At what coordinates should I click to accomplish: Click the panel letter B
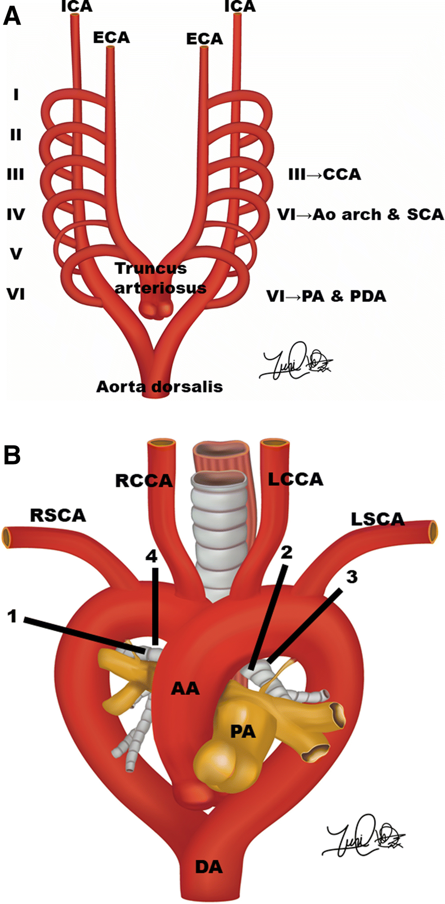(12, 455)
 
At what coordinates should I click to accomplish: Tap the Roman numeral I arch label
(16, 95)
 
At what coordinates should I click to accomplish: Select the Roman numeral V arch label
(16, 253)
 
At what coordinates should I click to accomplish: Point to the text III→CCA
(324, 175)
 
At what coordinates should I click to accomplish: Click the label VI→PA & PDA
(326, 296)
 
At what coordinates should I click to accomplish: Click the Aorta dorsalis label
(159, 387)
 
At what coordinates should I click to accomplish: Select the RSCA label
(58, 515)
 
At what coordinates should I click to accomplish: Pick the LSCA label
(377, 520)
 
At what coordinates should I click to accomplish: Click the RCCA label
(143, 481)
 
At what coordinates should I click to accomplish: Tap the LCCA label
(295, 479)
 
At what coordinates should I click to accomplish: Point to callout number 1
(12, 616)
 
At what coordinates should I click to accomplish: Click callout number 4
(152, 556)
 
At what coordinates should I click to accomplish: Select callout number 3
(352, 577)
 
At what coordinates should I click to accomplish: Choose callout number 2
(287, 552)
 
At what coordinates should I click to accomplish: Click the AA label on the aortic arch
(185, 688)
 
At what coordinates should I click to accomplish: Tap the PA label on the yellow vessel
(243, 731)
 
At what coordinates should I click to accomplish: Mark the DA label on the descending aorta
(209, 867)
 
